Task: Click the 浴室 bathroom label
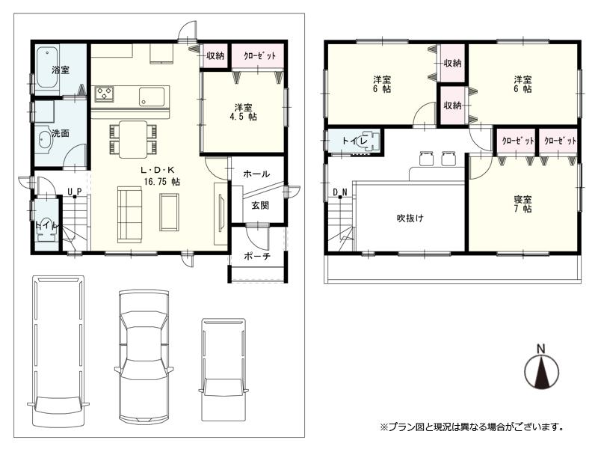[x=61, y=70]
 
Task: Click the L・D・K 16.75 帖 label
[x=161, y=176]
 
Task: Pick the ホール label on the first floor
[x=256, y=174]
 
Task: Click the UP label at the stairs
[x=74, y=192]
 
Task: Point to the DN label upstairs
[x=340, y=192]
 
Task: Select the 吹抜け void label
[x=410, y=219]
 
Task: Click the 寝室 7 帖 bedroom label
[x=523, y=204]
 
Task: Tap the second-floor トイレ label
[x=353, y=141]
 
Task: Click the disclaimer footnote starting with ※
[x=471, y=427]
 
